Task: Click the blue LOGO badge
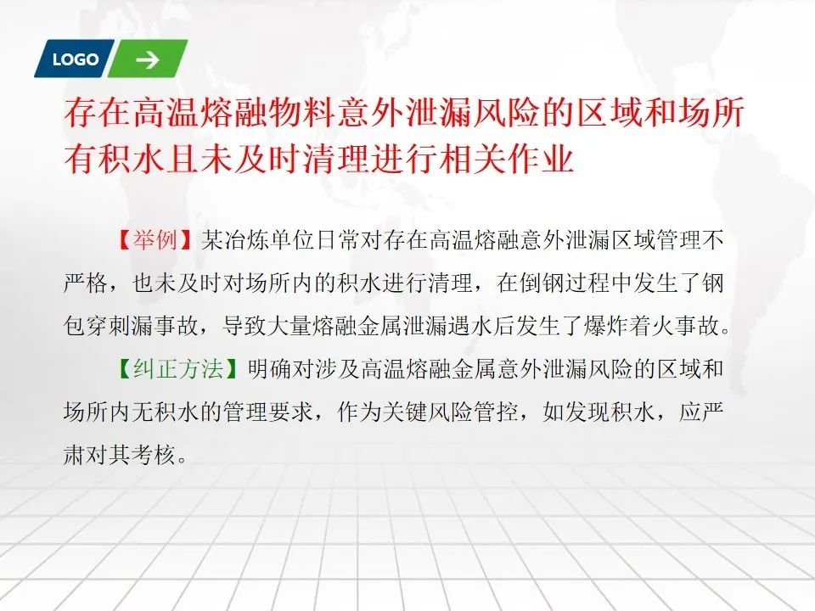click(x=75, y=59)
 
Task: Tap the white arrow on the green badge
click(x=148, y=59)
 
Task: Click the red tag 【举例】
click(x=155, y=240)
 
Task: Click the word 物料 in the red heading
click(x=286, y=112)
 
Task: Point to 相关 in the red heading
click(x=473, y=158)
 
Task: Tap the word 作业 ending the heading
click(x=541, y=158)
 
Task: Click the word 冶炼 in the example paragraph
click(x=246, y=240)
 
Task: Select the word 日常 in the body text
click(x=338, y=240)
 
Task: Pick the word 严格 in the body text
click(x=86, y=283)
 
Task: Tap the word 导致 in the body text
click(x=245, y=326)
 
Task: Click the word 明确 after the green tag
click(x=269, y=369)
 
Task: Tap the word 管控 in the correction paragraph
click(x=497, y=412)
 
